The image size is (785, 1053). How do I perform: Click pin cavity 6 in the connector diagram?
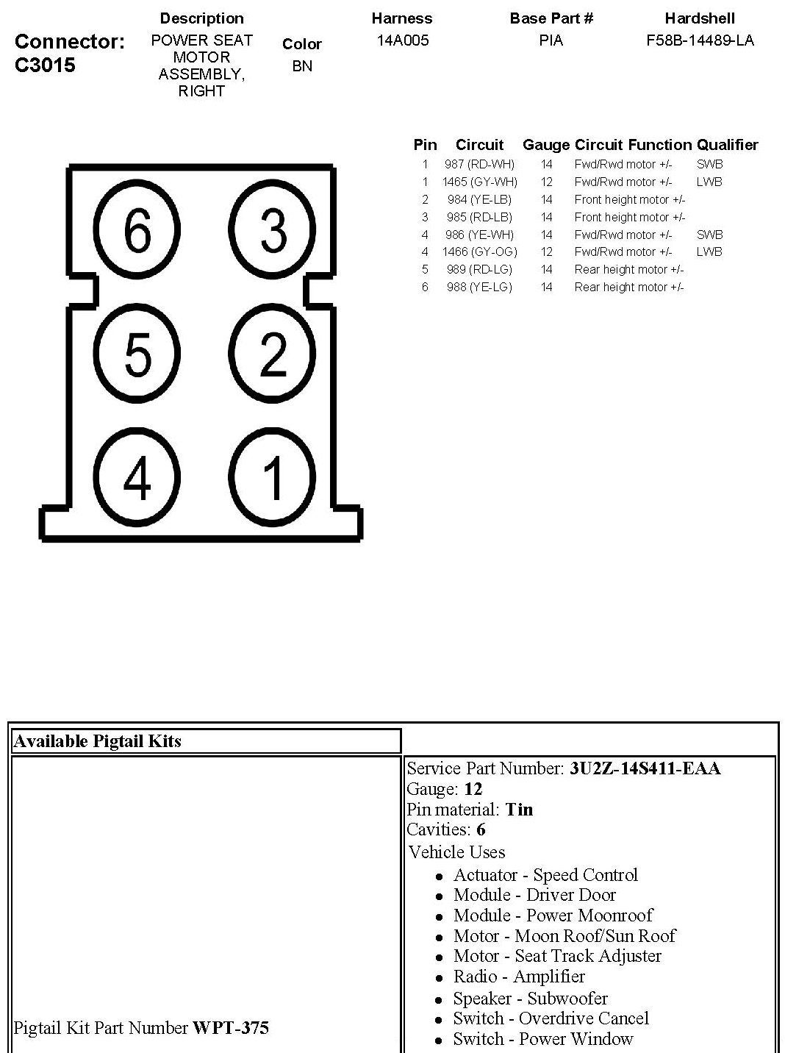click(x=137, y=230)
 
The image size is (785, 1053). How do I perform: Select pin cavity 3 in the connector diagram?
click(x=273, y=230)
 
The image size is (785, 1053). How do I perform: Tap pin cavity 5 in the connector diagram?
click(x=137, y=354)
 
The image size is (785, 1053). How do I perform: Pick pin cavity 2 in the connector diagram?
click(x=273, y=354)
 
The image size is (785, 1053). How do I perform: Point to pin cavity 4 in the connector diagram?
click(x=137, y=477)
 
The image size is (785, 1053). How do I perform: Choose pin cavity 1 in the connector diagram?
click(x=273, y=477)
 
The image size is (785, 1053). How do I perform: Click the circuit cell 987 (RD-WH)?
click(x=479, y=165)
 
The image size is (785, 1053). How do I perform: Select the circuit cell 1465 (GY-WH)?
click(x=479, y=182)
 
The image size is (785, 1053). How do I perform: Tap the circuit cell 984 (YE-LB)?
click(x=479, y=199)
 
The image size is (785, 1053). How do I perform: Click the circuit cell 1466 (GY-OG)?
click(x=479, y=251)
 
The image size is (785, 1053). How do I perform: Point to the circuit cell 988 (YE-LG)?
click(x=479, y=287)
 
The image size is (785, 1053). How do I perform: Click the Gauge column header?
click(x=546, y=145)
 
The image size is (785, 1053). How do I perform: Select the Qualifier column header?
click(x=727, y=145)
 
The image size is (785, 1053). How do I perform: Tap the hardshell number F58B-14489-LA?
click(x=700, y=40)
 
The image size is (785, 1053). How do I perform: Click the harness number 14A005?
click(x=402, y=40)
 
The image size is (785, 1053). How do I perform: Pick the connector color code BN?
click(x=302, y=66)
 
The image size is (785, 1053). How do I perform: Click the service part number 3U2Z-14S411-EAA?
click(x=645, y=769)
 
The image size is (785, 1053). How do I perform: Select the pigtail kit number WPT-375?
click(x=231, y=1027)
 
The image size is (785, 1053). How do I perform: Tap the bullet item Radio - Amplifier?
click(x=519, y=977)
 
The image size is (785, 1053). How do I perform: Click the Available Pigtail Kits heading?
click(x=97, y=741)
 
